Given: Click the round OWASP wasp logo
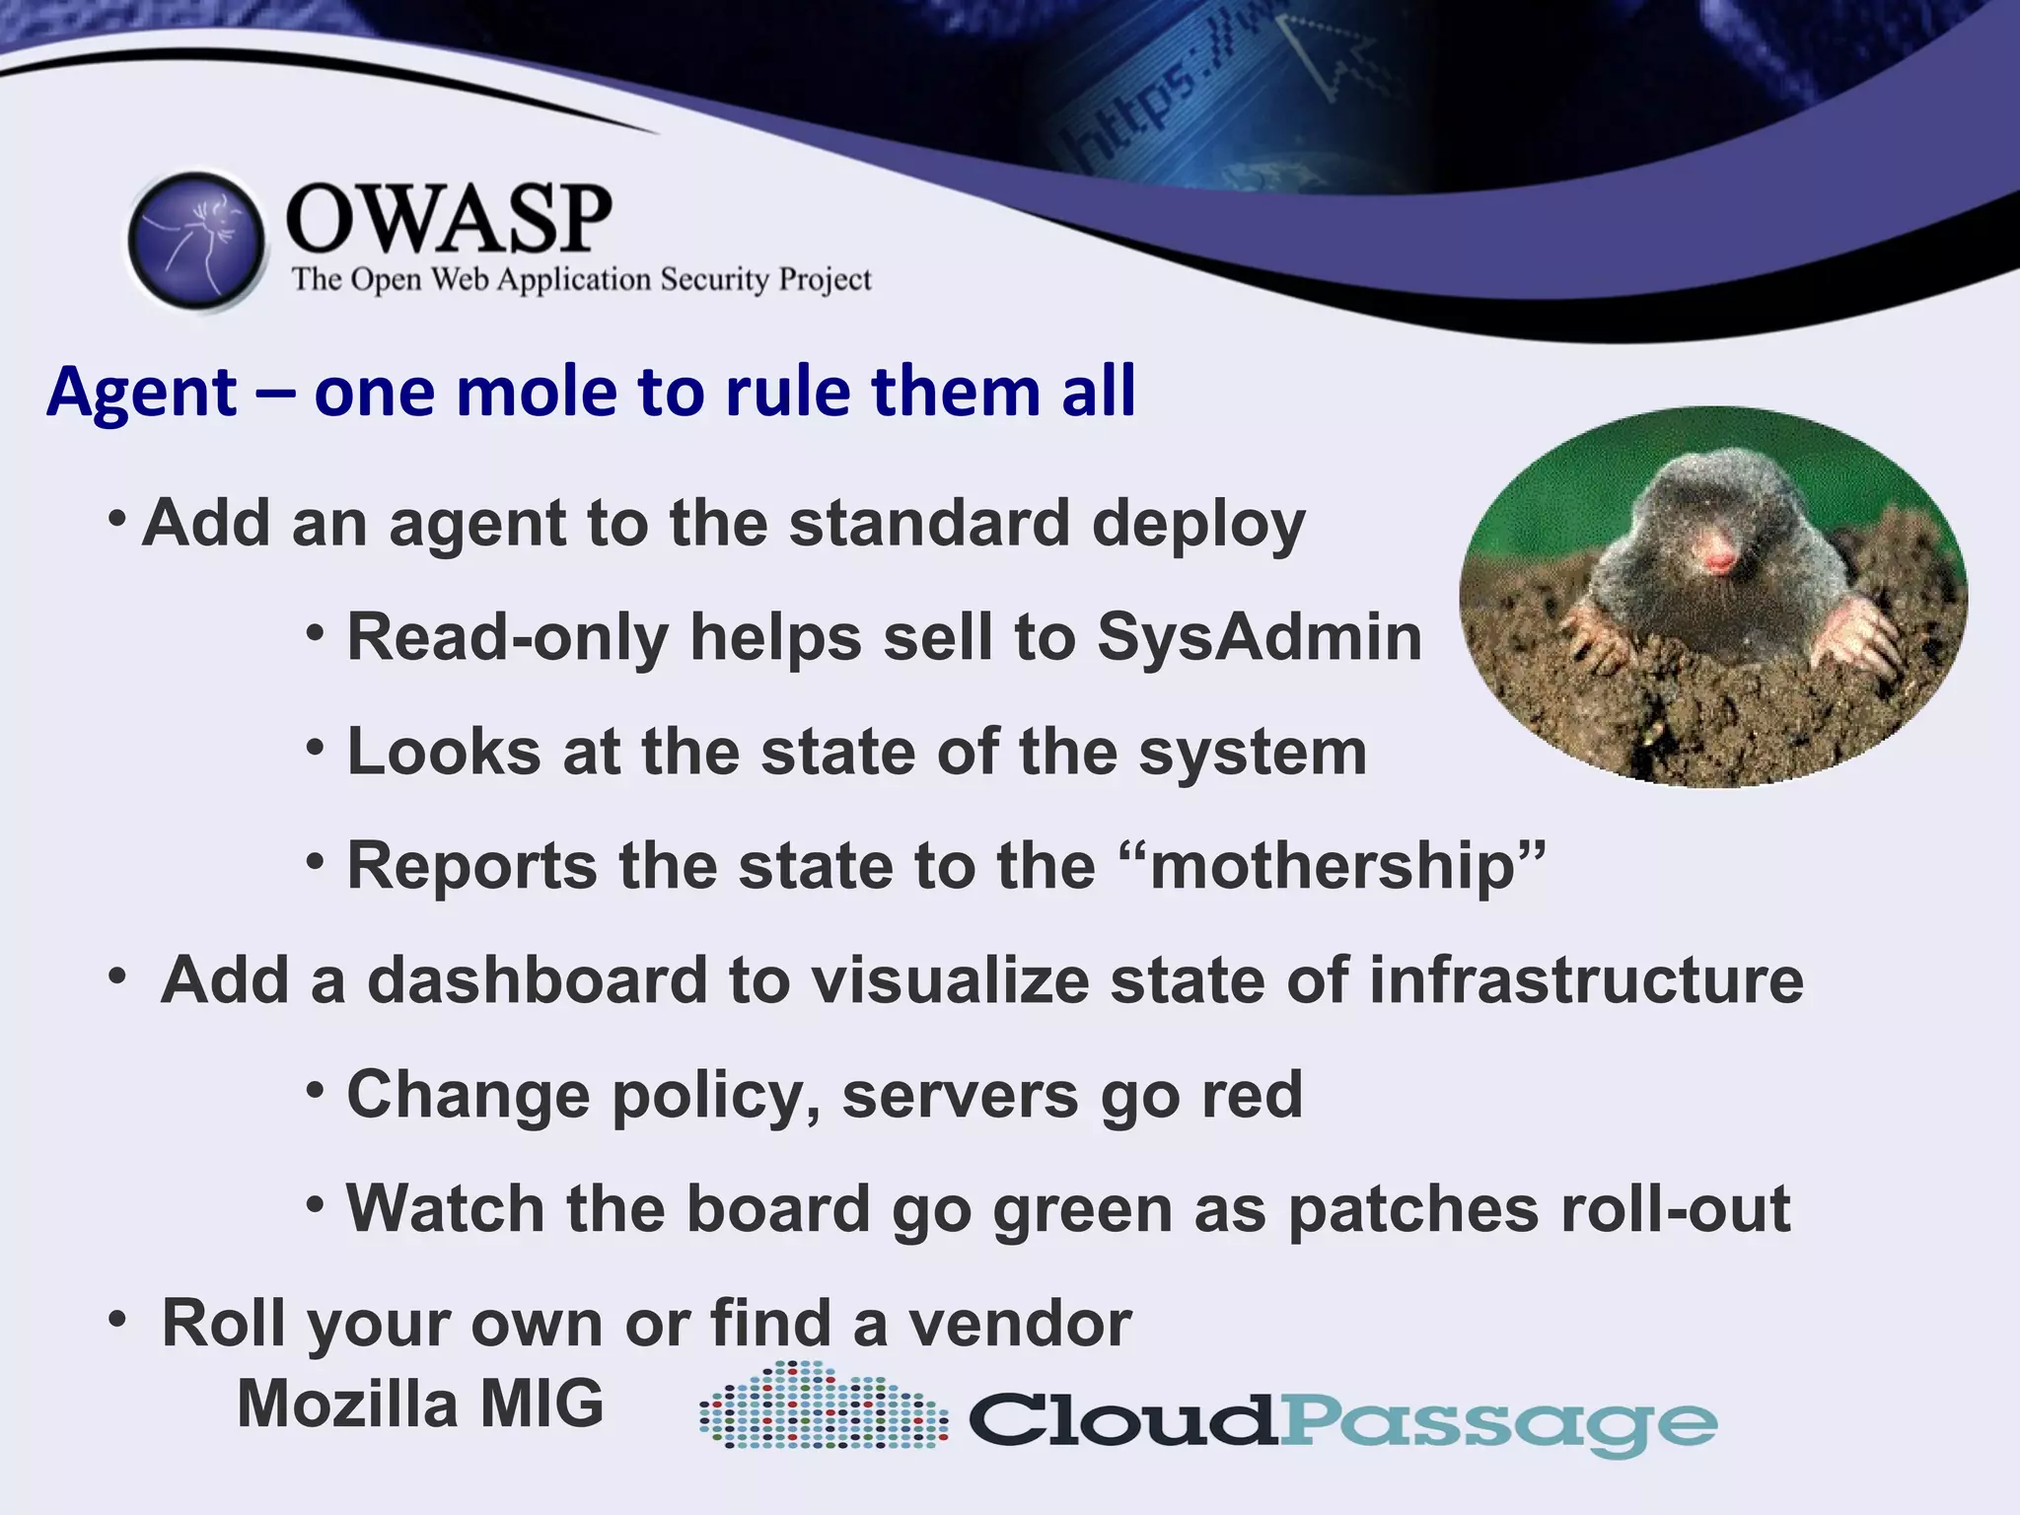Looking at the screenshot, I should coord(196,242).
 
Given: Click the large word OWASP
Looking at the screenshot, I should coord(449,219).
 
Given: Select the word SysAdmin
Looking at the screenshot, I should coord(1259,637).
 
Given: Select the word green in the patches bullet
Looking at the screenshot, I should coord(1081,1209).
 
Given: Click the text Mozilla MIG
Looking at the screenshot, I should coord(420,1404).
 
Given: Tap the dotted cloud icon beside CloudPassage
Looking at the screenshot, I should coord(823,1407).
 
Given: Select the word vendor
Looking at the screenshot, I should coord(1020,1324).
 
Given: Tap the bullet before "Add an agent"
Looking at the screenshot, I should coord(117,518).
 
